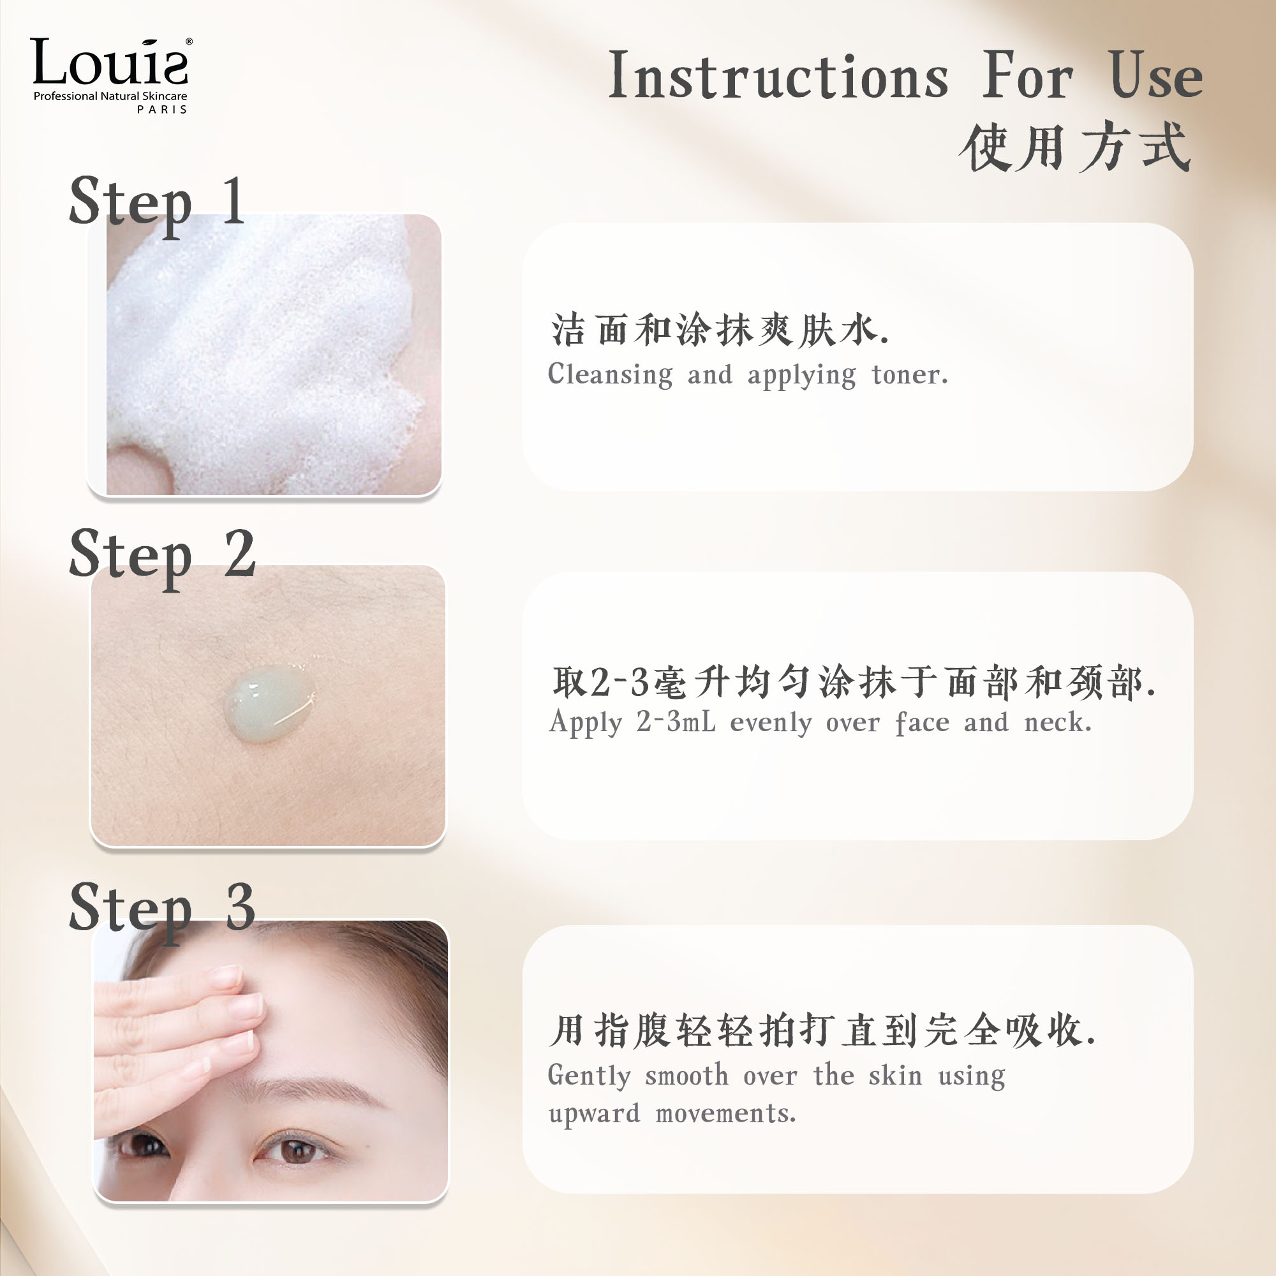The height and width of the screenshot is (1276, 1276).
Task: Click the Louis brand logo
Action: (x=110, y=75)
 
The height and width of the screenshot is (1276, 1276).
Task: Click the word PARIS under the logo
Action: (x=163, y=110)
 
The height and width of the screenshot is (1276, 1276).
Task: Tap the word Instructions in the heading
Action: (x=778, y=76)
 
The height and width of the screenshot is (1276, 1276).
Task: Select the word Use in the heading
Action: (x=1156, y=76)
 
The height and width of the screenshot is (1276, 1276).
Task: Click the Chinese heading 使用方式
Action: (x=1076, y=147)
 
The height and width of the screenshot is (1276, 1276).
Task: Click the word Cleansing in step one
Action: (x=611, y=375)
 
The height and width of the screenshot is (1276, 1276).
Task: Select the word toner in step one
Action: (x=909, y=375)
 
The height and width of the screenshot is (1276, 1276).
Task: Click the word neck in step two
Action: (x=1057, y=722)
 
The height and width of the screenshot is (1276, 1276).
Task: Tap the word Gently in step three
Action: (x=589, y=1076)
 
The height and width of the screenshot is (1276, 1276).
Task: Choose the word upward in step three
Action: (x=595, y=1114)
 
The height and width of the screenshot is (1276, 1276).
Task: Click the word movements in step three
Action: (x=726, y=1114)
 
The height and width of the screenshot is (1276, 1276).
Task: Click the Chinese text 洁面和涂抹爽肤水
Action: (x=720, y=330)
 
